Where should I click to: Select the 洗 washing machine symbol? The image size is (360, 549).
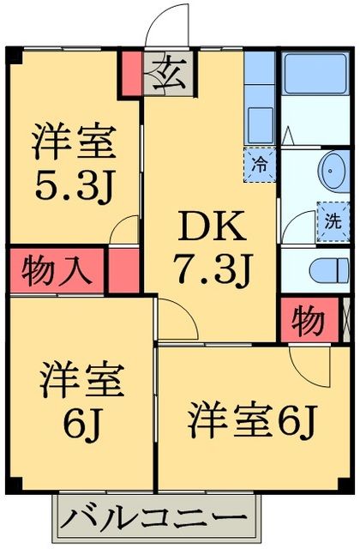[330, 217]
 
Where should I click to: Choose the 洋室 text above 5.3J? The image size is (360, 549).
[73, 140]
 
